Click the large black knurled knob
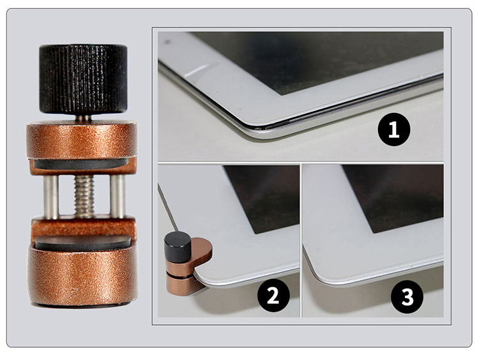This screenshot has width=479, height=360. [x=83, y=79]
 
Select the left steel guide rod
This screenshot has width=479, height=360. [x=50, y=197]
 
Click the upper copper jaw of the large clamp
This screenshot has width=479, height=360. [x=82, y=140]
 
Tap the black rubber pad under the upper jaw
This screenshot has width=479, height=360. [x=81, y=163]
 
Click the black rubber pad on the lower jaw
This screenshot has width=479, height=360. [x=83, y=243]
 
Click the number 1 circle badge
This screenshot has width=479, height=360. [x=394, y=129]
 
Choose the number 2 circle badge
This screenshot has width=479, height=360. [x=273, y=295]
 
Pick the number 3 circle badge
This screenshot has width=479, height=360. [x=407, y=296]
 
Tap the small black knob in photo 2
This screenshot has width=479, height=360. [x=178, y=247]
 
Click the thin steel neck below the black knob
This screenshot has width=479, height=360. [x=83, y=117]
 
